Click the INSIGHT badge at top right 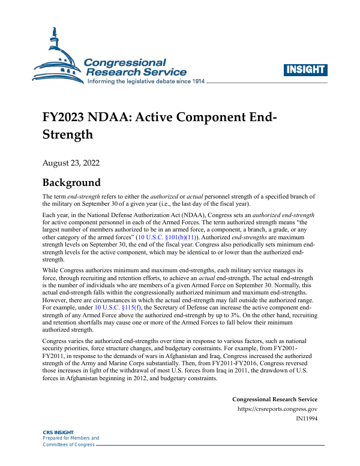tap(306, 70)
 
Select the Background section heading tap(71, 182)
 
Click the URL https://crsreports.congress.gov tap(277, 409)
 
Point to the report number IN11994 tap(307, 419)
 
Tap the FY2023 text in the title tap(63, 116)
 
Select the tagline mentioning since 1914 tap(146, 82)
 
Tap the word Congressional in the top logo tap(124, 62)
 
